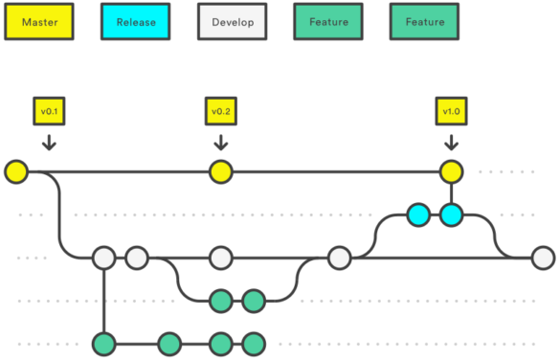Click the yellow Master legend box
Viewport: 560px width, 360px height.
coord(38,21)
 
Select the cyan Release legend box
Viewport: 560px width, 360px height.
coord(135,21)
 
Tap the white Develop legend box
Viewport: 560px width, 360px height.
coord(232,21)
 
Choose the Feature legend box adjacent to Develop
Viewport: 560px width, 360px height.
coord(328,21)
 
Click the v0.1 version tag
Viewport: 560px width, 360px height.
coord(49,111)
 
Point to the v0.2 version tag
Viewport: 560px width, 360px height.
coord(220,111)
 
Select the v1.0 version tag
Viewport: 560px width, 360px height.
coord(450,111)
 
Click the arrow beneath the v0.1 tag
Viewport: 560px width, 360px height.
coord(49,143)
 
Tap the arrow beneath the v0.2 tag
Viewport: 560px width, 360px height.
coord(220,143)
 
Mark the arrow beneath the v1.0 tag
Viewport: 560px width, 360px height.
coord(450,143)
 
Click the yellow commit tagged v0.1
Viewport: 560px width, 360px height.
coord(15,172)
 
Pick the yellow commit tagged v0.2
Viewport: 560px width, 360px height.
coord(220,172)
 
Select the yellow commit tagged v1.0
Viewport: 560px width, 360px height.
coord(450,172)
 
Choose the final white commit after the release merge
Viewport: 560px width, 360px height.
coord(543,258)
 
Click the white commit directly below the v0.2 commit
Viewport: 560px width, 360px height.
coord(220,258)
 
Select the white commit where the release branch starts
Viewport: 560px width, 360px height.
coord(339,258)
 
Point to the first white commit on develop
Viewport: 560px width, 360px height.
coord(103,258)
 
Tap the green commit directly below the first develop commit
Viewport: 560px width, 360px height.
coord(103,343)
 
